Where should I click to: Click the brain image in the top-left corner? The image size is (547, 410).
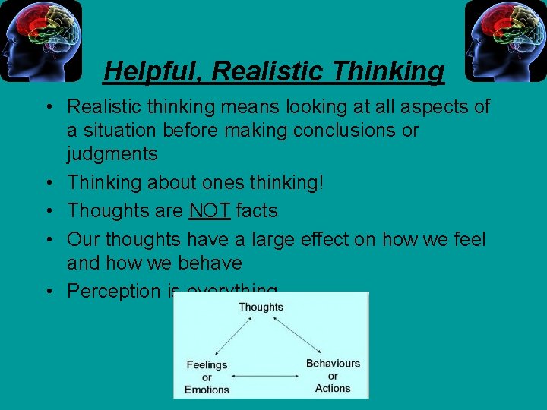click(x=41, y=40)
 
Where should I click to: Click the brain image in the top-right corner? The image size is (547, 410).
click(x=505, y=40)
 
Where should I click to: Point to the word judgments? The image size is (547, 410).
click(x=112, y=154)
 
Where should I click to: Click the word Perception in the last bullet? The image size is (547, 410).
click(x=114, y=292)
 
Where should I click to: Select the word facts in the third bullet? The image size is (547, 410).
click(x=257, y=211)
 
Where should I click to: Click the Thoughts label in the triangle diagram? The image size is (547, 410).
click(x=261, y=307)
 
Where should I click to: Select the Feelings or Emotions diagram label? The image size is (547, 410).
click(x=207, y=377)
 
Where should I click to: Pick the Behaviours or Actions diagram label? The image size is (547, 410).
click(x=333, y=376)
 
